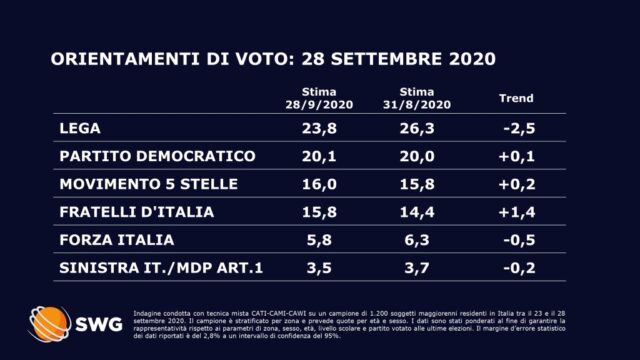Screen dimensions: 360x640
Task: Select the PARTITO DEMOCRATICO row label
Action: click(x=144, y=157)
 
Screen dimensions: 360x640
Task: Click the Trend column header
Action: click(x=517, y=99)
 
